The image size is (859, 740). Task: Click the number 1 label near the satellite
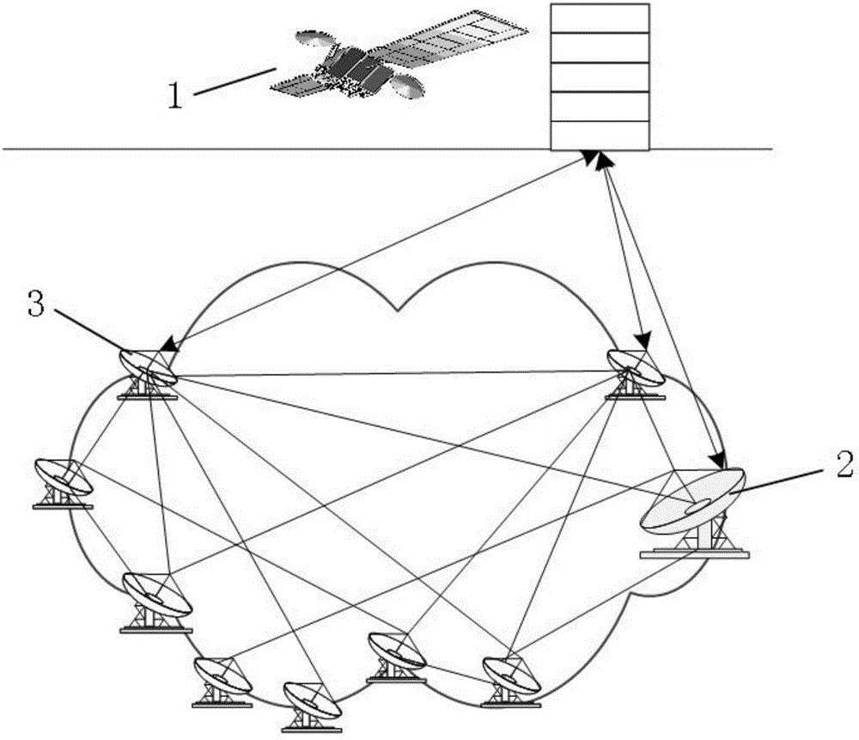tap(174, 94)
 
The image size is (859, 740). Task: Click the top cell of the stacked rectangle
tap(598, 18)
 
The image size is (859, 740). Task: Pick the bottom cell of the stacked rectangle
tap(598, 135)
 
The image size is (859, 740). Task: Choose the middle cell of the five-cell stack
tap(598, 76)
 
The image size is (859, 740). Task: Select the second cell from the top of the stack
tap(598, 47)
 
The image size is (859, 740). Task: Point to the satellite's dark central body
tap(356, 68)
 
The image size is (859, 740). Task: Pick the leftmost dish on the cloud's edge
tap(62, 479)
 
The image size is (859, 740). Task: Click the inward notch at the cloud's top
tap(397, 308)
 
